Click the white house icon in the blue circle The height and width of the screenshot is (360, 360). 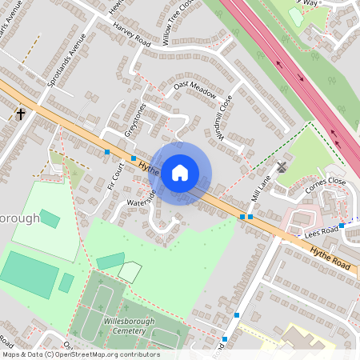[180, 173]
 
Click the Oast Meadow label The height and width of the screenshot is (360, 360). [195, 90]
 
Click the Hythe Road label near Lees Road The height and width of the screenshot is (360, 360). [331, 257]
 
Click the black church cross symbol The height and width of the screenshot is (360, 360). [21, 114]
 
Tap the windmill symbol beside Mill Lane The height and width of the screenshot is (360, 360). [281, 168]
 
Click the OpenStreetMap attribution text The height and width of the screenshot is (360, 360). [80, 354]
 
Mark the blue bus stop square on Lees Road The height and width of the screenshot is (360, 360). [342, 226]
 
